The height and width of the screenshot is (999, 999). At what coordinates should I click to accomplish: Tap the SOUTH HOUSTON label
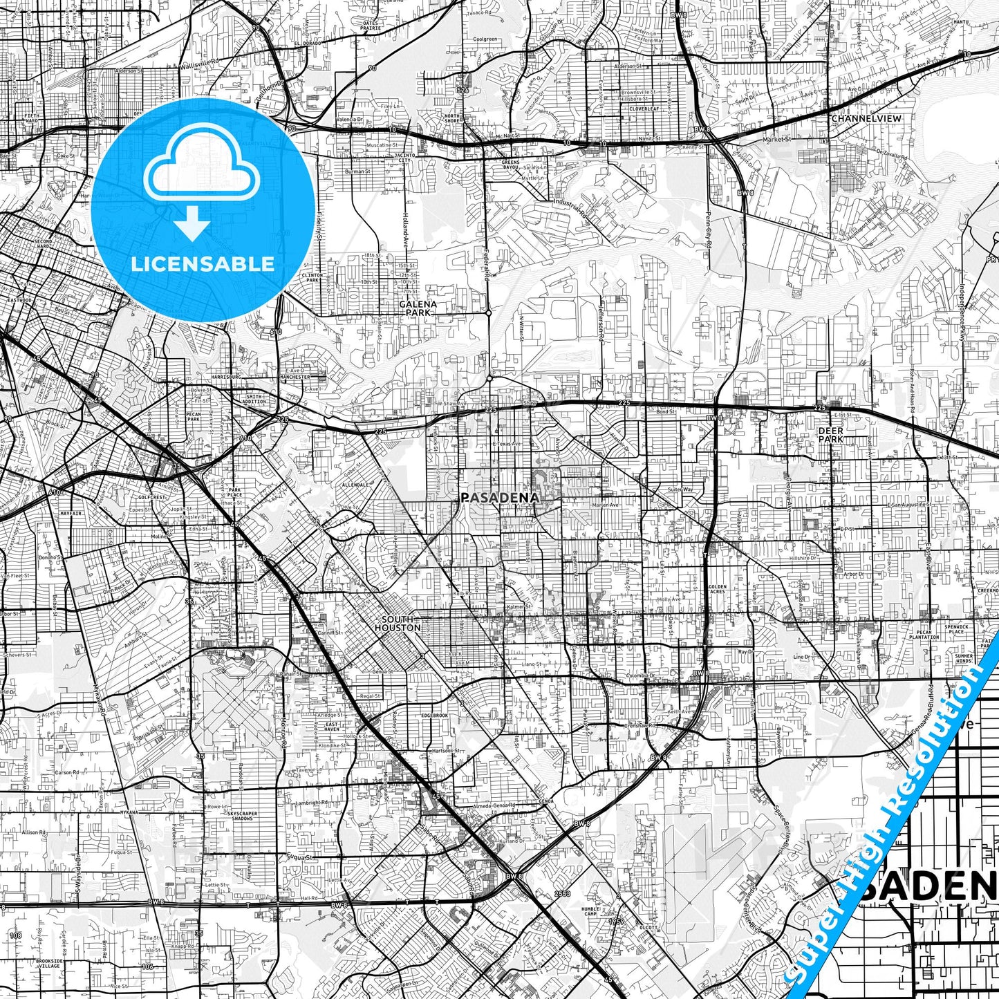pos(398,624)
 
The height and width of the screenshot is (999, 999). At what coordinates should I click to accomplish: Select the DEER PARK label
pos(830,434)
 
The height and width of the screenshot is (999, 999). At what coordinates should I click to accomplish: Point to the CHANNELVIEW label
pos(866,118)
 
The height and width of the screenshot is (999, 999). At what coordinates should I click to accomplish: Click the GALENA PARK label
pos(418,308)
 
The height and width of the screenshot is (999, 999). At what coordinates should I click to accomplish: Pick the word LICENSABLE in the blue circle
pos(203,263)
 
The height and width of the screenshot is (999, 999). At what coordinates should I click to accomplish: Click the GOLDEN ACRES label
pos(717,589)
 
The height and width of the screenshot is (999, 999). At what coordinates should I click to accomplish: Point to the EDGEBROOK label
pos(435,716)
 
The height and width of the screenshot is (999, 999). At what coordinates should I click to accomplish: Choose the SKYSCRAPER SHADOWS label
pos(241,816)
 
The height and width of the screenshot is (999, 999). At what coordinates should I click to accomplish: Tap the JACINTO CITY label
pos(404,159)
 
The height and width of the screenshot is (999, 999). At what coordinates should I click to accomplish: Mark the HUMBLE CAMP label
pos(590,911)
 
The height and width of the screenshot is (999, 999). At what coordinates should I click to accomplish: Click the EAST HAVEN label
pos(332,727)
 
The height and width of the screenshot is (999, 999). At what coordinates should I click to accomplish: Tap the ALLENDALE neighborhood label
pos(355,485)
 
